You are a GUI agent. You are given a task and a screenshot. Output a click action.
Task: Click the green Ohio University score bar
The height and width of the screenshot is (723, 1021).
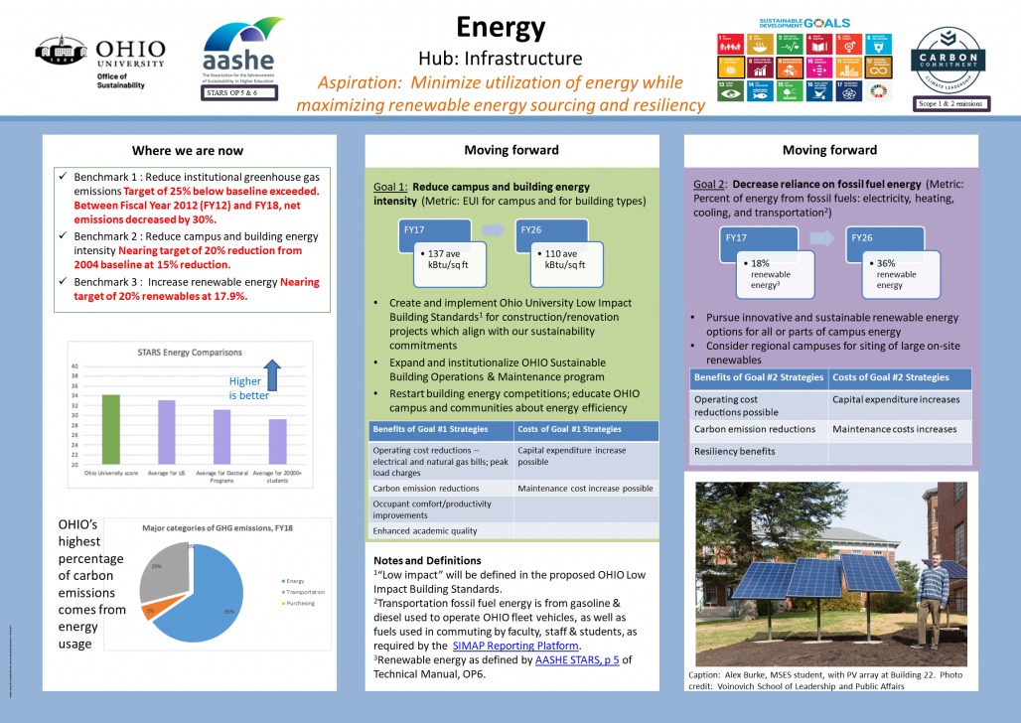point(111,429)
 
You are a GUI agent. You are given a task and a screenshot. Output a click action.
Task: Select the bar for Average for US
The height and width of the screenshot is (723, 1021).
point(167,432)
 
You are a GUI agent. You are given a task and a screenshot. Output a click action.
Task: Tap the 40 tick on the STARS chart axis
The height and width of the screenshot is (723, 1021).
point(73,366)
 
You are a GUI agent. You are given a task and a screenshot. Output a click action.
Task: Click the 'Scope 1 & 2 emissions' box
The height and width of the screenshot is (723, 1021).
point(950,102)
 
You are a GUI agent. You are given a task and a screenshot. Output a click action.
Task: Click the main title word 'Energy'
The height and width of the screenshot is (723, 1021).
point(501,27)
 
